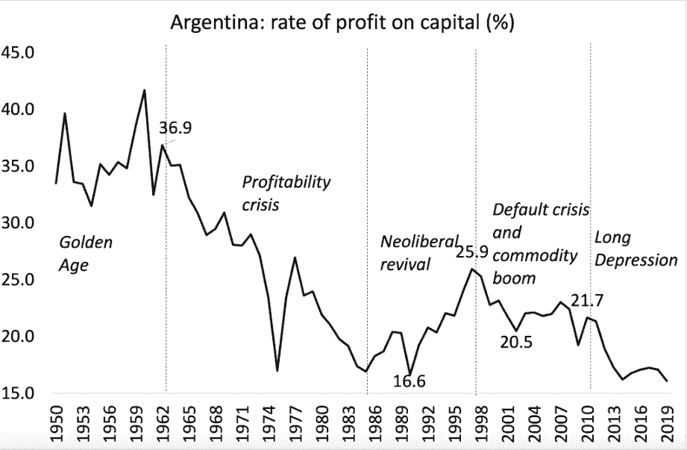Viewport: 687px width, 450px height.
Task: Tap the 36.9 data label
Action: tap(176, 128)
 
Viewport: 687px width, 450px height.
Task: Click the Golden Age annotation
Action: tap(86, 253)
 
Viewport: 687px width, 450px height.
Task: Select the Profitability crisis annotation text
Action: tap(286, 193)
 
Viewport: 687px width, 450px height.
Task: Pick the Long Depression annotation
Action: tap(636, 249)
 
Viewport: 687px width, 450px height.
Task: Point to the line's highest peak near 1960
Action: tap(144, 90)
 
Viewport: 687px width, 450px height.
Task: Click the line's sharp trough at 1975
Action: tap(277, 370)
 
